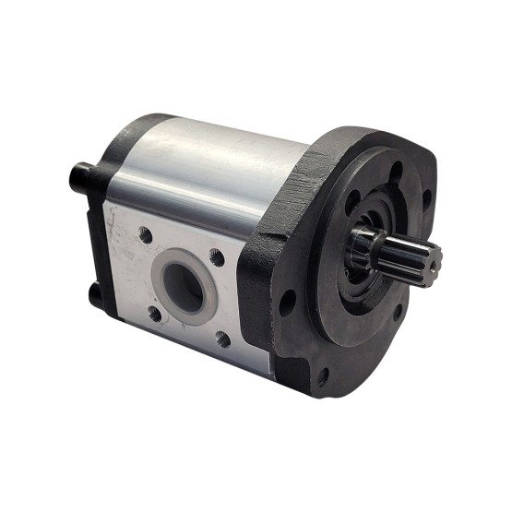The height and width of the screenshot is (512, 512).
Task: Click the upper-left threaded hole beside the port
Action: click(x=145, y=235)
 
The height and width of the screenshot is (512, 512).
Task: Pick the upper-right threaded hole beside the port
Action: click(x=218, y=259)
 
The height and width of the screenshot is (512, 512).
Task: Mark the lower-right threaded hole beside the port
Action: click(x=221, y=339)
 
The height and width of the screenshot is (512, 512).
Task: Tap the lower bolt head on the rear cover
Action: click(x=95, y=292)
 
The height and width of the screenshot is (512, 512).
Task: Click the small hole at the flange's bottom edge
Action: click(x=323, y=377)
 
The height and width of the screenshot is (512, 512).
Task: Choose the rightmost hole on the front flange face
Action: click(x=425, y=197)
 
